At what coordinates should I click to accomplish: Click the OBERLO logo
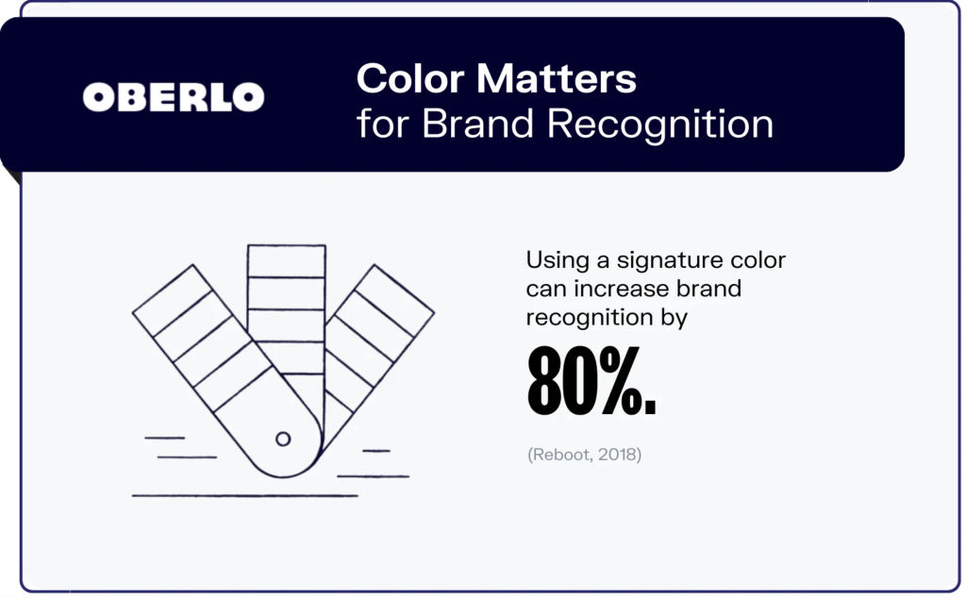(174, 96)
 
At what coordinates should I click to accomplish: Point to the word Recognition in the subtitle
(661, 125)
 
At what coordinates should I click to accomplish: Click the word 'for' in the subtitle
(385, 124)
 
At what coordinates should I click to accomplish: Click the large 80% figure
(591, 382)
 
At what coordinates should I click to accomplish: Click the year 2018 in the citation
(618, 456)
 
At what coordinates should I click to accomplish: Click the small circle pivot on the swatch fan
(282, 439)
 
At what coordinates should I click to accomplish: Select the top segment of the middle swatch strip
(286, 261)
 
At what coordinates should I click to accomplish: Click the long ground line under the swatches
(244, 495)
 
